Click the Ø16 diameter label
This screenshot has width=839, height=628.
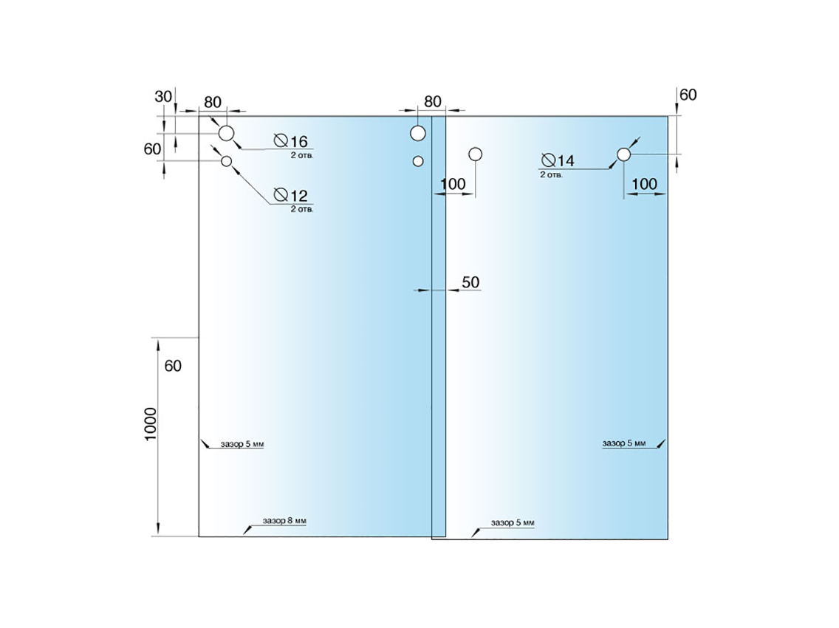pyautogui.click(x=290, y=141)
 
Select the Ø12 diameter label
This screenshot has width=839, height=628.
pyautogui.click(x=290, y=196)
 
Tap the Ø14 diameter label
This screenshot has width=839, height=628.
pyautogui.click(x=558, y=161)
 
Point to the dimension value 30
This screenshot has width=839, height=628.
pyautogui.click(x=163, y=96)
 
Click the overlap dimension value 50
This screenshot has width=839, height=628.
pyautogui.click(x=470, y=281)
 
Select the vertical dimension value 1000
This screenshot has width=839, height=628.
pyautogui.click(x=151, y=424)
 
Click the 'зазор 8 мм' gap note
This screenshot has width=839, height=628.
pyautogui.click(x=284, y=521)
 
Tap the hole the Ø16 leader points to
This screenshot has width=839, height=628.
pyautogui.click(x=226, y=134)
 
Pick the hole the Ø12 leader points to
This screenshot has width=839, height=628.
pyautogui.click(x=227, y=161)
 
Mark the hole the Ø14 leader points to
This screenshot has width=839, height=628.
pyautogui.click(x=624, y=154)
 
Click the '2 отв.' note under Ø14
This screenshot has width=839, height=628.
pyautogui.click(x=552, y=175)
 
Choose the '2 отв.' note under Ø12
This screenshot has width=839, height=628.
pyautogui.click(x=301, y=210)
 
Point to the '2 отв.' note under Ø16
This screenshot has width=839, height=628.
pyautogui.click(x=301, y=155)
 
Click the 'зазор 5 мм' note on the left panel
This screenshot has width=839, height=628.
pyautogui.click(x=242, y=445)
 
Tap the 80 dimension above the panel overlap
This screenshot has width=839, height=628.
pyautogui.click(x=433, y=101)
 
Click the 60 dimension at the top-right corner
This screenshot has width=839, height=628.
pyautogui.click(x=688, y=95)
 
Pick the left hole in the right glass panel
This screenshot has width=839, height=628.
pyautogui.click(x=476, y=154)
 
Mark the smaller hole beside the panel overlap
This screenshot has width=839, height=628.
pyautogui.click(x=418, y=160)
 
